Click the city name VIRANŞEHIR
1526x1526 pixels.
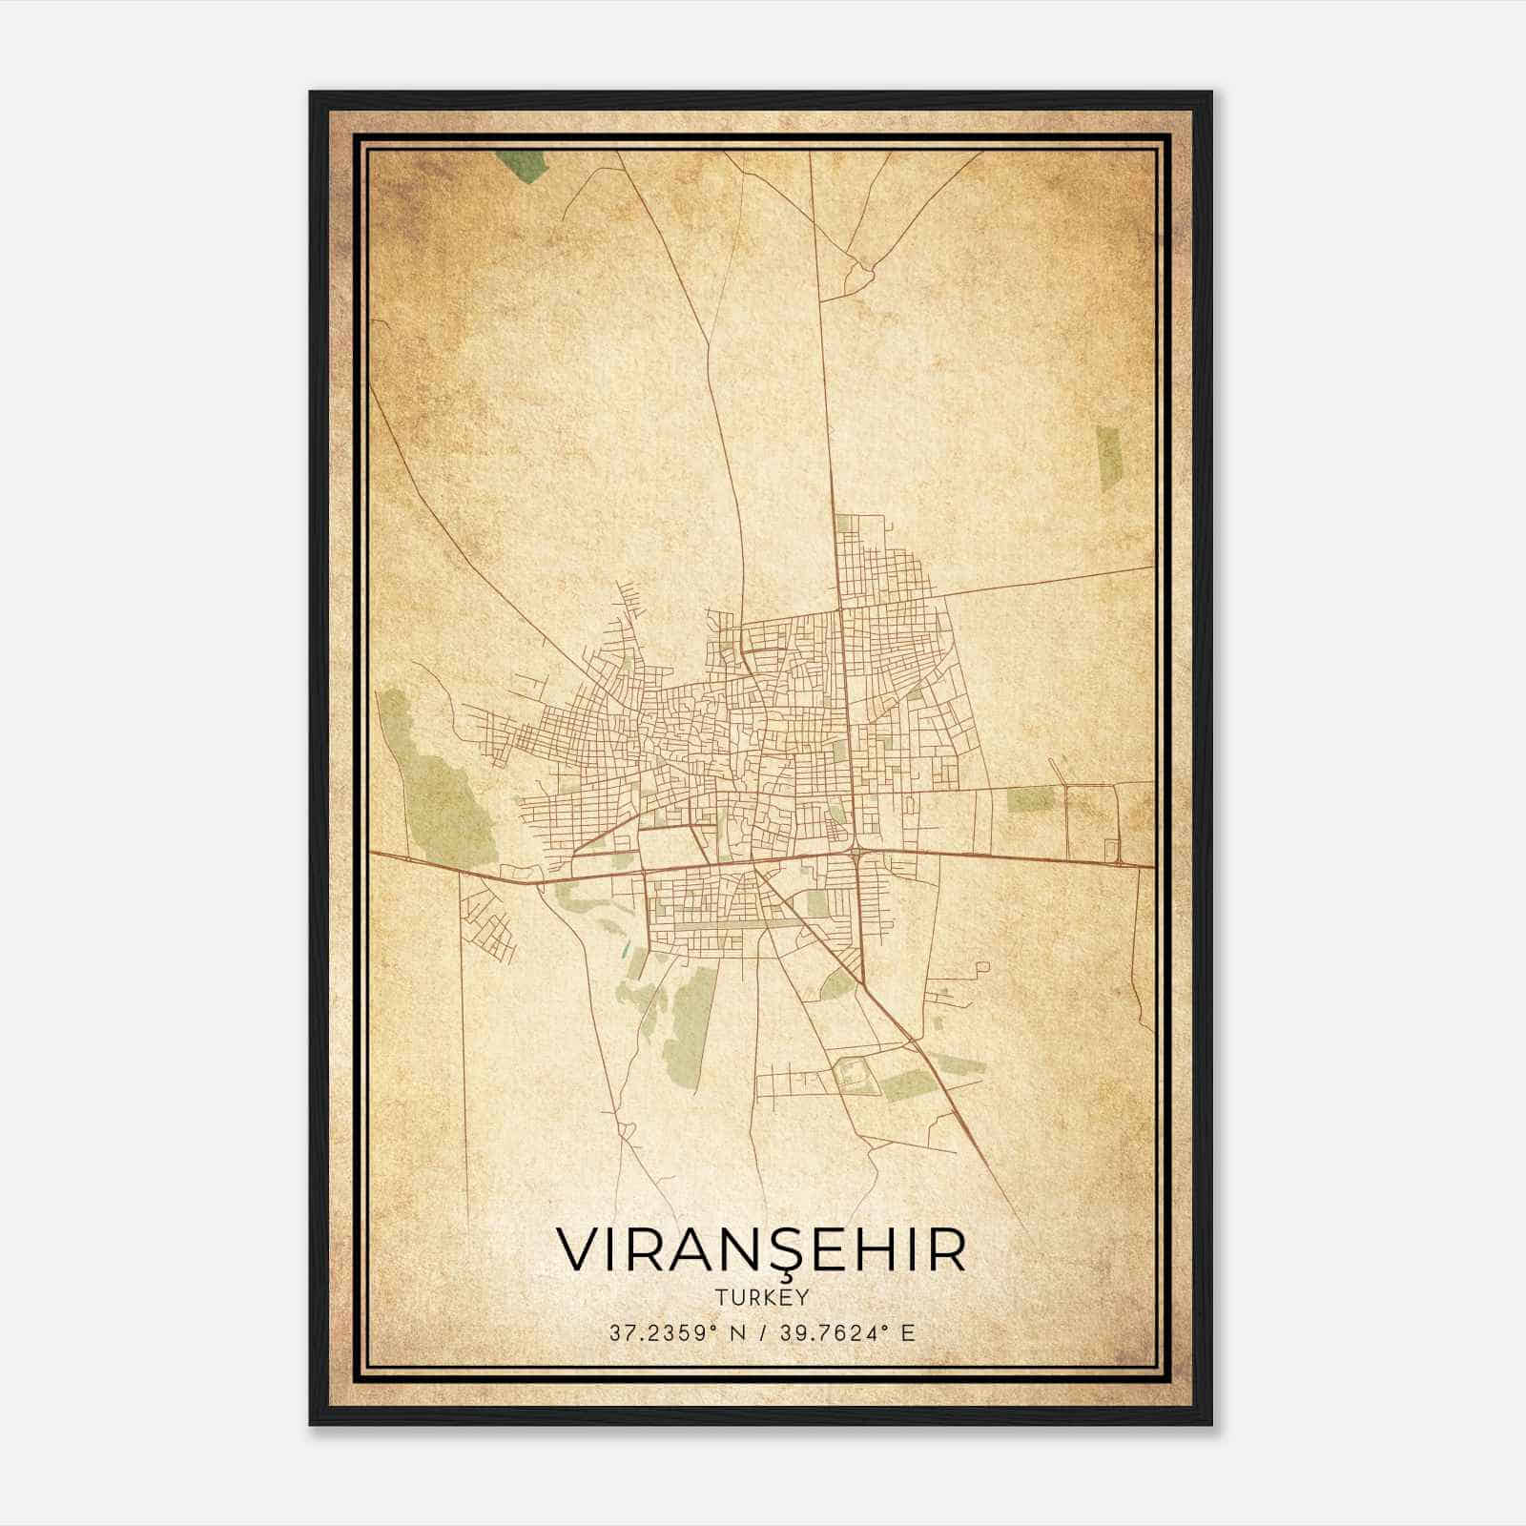coord(760,1249)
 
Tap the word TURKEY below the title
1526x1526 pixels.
coord(760,1298)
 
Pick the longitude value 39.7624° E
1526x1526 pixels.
coord(847,1332)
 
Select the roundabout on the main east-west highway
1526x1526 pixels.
coord(858,852)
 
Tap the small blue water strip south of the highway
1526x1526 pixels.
coord(626,950)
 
